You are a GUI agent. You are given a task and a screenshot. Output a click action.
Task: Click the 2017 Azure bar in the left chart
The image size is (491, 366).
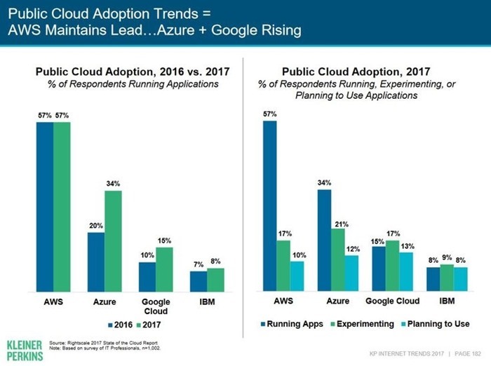(x=113, y=241)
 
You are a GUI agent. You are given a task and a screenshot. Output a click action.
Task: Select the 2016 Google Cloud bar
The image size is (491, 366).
(x=147, y=277)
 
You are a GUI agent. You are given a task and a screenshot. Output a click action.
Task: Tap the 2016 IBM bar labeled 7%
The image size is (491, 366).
(x=199, y=282)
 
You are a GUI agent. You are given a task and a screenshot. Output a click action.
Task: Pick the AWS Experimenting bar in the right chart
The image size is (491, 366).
(x=283, y=266)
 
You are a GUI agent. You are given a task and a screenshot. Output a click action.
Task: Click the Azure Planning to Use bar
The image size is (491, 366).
(x=351, y=273)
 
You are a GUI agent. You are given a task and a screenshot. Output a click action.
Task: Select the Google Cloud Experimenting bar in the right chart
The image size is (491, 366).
(x=392, y=266)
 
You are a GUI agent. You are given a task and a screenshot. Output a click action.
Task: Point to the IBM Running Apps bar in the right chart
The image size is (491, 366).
(x=433, y=279)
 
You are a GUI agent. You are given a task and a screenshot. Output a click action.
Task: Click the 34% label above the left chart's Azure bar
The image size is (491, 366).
(x=113, y=184)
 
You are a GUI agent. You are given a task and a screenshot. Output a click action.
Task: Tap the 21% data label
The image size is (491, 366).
(x=342, y=224)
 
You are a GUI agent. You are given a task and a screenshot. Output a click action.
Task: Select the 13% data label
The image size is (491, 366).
(x=408, y=246)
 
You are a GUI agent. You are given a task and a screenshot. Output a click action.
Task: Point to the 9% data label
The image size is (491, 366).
(x=447, y=257)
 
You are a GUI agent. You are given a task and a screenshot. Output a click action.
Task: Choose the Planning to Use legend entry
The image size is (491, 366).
(x=436, y=324)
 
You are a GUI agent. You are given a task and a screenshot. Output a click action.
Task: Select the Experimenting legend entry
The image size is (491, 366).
(x=363, y=324)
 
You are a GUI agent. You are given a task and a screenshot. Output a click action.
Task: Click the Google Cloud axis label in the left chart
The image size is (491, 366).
(x=156, y=306)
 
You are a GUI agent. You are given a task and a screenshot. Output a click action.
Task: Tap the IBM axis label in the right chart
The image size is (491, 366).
(x=447, y=301)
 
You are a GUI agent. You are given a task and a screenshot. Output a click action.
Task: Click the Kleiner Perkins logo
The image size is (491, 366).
(x=25, y=351)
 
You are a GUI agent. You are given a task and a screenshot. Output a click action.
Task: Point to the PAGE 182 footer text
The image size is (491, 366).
(x=468, y=354)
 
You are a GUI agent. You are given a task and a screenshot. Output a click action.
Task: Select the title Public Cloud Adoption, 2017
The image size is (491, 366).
(x=356, y=72)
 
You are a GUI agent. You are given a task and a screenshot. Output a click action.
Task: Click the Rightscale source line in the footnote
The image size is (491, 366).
(x=103, y=343)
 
